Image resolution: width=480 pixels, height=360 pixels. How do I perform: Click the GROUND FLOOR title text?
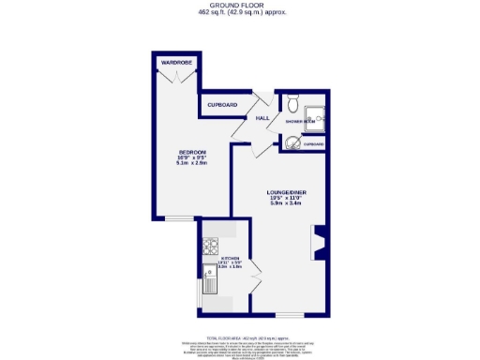(240, 5)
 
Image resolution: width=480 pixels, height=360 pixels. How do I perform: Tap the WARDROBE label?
(175, 62)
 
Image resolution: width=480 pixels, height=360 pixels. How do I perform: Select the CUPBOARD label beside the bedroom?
(222, 104)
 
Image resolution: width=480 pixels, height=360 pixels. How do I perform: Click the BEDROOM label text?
(193, 152)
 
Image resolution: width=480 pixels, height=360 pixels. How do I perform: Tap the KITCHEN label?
(231, 259)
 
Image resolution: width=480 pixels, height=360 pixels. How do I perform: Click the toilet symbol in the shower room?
(293, 104)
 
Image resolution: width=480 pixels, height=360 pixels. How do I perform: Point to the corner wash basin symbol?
(292, 142)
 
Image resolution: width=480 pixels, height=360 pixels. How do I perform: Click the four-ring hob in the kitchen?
(209, 247)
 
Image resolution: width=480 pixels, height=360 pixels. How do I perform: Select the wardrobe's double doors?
(174, 78)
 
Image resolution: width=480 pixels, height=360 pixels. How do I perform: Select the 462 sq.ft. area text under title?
(240, 13)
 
